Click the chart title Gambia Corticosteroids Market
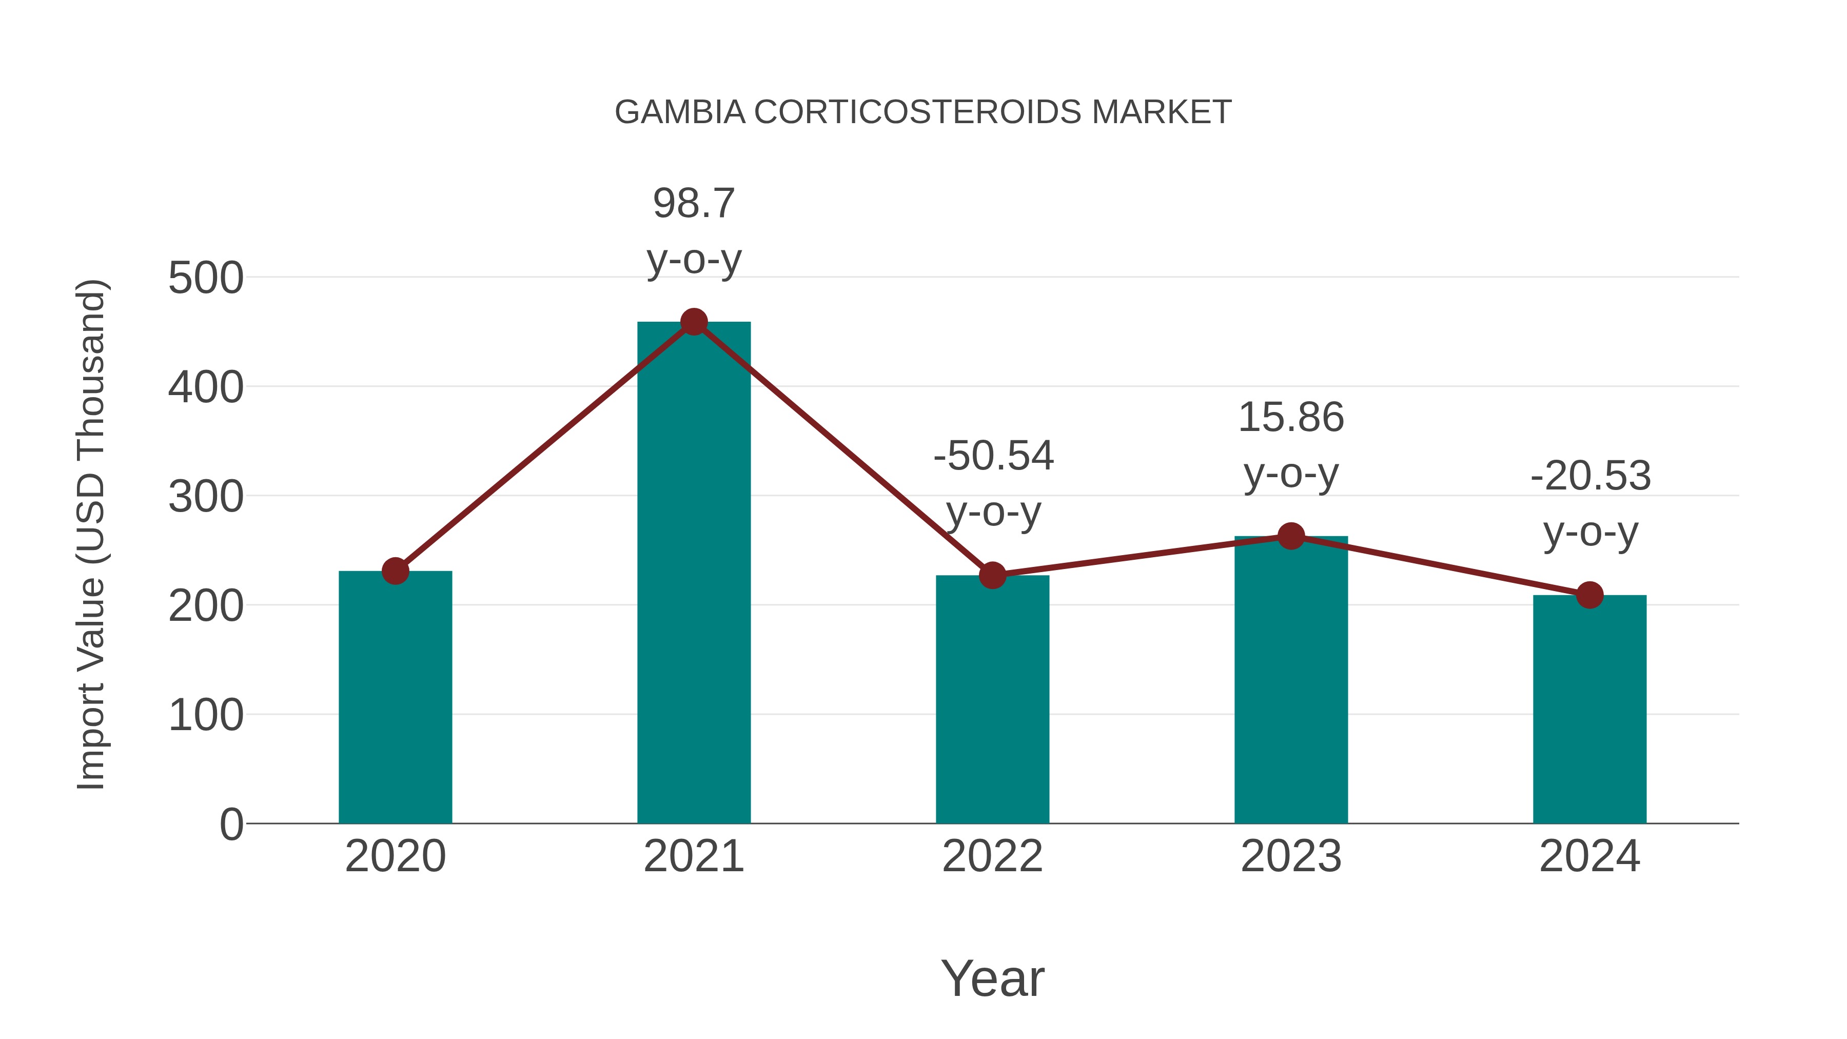tap(923, 112)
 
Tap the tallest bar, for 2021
tap(693, 574)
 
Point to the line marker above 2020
tap(395, 572)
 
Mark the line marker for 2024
tap(1589, 595)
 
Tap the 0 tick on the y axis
tap(231, 825)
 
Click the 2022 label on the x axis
tap(992, 856)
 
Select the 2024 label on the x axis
tap(1589, 856)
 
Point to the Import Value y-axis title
tap(91, 534)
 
